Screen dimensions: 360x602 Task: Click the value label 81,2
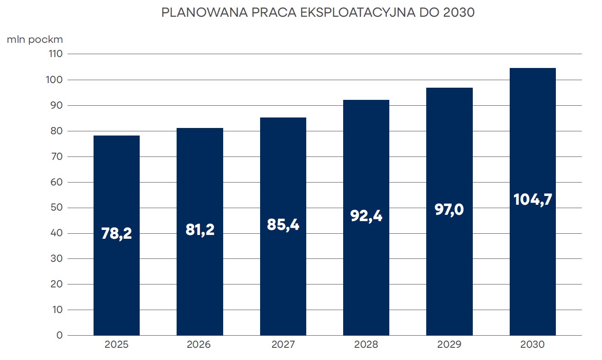200,230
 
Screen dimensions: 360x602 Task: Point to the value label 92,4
366,216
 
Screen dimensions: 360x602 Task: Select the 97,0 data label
449,209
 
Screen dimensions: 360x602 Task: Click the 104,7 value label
532,199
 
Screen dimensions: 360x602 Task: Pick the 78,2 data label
116,233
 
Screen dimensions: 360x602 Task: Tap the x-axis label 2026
198,344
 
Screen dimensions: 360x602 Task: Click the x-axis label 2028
366,344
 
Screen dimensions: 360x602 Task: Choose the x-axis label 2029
449,344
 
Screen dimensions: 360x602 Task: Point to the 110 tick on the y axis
55,54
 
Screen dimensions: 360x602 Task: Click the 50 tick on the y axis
56,207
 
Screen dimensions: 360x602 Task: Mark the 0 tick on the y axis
59,335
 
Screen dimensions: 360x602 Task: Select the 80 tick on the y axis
56,131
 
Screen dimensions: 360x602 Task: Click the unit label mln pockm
35,39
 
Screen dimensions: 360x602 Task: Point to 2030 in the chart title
459,13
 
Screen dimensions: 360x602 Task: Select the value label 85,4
283,224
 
